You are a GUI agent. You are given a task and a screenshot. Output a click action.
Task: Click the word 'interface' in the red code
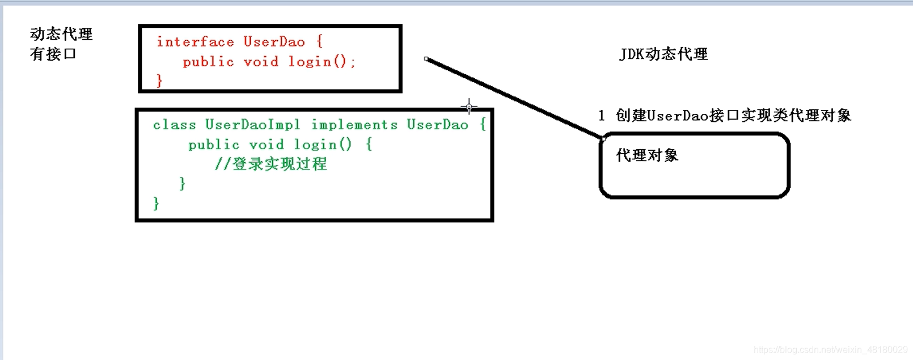(195, 42)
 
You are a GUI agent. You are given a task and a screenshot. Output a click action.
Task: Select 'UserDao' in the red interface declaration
(274, 42)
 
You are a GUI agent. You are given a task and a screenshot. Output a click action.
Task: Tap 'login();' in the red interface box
(322, 62)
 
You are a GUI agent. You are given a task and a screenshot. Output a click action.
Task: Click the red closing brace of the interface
(159, 81)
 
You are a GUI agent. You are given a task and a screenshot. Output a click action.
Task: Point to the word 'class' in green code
(174, 125)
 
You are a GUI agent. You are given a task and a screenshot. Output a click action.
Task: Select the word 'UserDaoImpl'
(252, 125)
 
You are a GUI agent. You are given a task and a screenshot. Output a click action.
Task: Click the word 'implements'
(354, 125)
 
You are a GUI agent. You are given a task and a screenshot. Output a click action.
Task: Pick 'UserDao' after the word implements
(437, 125)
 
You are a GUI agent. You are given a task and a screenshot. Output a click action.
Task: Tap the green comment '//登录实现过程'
(271, 164)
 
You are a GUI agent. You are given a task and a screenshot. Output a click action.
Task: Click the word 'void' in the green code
(266, 145)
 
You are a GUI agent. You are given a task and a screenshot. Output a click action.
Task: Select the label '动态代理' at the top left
(61, 34)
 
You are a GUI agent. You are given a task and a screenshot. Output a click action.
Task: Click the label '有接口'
(53, 54)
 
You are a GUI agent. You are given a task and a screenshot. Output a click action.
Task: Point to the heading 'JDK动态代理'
(663, 54)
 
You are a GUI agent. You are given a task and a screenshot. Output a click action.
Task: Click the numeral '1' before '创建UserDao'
(602, 116)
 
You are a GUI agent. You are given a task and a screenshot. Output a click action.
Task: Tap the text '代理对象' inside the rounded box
(647, 155)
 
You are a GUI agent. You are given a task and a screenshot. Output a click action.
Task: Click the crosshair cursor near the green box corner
(469, 106)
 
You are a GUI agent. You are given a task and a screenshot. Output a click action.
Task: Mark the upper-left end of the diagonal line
(426, 59)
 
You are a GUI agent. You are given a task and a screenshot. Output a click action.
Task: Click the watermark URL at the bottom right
(830, 350)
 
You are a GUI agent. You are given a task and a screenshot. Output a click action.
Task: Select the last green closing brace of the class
(156, 204)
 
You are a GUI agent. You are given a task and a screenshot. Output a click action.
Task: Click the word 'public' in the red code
(208, 62)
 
